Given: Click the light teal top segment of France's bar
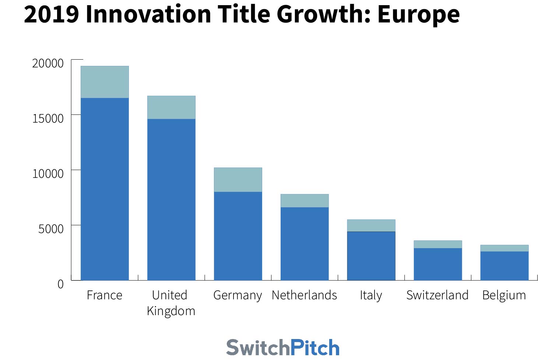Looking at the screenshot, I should click(x=105, y=82).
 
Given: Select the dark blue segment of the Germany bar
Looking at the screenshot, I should click(x=238, y=236).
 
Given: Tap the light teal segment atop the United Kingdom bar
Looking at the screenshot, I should click(x=171, y=107).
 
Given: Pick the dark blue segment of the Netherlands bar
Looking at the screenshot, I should click(x=305, y=243).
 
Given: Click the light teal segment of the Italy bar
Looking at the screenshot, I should click(x=371, y=225).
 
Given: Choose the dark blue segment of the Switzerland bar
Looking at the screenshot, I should click(x=438, y=264).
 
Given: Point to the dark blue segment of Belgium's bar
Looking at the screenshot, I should click(x=504, y=265).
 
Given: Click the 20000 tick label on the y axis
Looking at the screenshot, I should click(x=48, y=63).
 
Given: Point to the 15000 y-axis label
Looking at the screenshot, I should click(x=48, y=119).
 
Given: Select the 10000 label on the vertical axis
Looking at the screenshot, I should click(x=48, y=174).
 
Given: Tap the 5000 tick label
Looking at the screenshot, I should click(x=51, y=229).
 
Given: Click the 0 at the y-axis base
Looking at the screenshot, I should click(x=60, y=284).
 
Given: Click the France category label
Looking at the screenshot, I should click(x=105, y=295).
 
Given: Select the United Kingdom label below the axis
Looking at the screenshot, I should click(x=171, y=303).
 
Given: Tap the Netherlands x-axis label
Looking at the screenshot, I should click(x=304, y=295).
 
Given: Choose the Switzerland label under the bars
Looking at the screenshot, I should click(x=437, y=295).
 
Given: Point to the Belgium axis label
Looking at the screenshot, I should click(x=504, y=295).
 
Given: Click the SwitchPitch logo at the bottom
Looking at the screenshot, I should click(x=283, y=347).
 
